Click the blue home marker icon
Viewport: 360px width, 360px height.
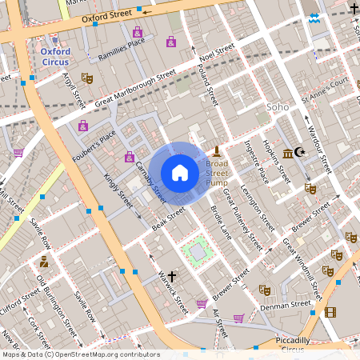[180, 173]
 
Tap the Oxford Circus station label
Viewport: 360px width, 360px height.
[56, 57]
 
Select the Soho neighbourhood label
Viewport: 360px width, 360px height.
[277, 106]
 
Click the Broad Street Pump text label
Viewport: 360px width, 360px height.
[217, 172]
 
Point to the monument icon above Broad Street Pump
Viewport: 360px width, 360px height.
[217, 150]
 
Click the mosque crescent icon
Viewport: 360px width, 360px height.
[300, 152]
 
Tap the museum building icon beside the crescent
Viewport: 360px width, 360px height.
[287, 152]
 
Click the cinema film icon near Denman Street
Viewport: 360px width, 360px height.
[330, 311]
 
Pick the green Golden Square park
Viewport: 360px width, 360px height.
[197, 250]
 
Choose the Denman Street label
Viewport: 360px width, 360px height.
[290, 304]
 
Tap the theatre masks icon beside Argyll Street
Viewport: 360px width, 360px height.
[87, 78]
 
